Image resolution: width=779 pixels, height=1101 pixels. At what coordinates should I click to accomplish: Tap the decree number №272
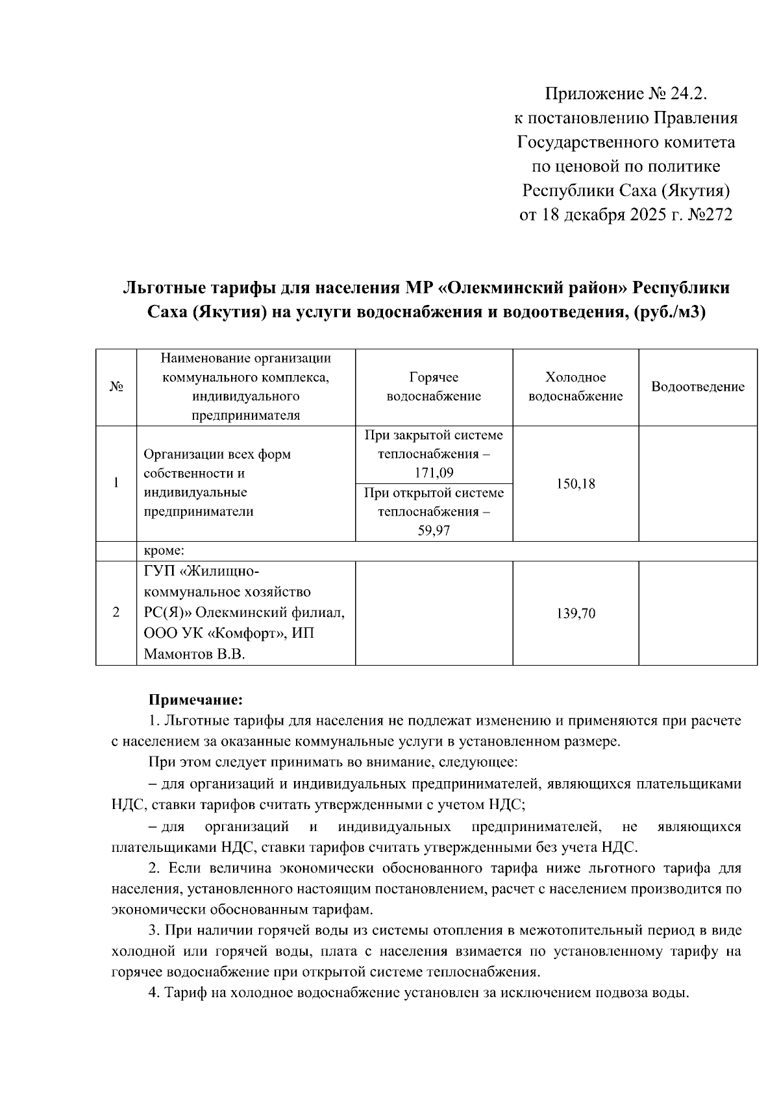pyautogui.click(x=710, y=215)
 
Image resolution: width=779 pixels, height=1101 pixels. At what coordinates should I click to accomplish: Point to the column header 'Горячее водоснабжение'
pyautogui.click(x=434, y=387)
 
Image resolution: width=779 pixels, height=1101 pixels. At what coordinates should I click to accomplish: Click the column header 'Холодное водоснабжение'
pyautogui.click(x=575, y=387)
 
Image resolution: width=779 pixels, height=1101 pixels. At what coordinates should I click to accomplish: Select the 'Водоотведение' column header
pyautogui.click(x=698, y=387)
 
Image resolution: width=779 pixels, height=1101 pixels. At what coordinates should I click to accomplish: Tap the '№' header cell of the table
pyautogui.click(x=116, y=387)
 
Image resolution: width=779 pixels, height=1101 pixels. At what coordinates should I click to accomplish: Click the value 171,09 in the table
pyautogui.click(x=434, y=472)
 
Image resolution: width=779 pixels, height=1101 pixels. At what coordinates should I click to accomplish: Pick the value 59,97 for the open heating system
pyautogui.click(x=434, y=531)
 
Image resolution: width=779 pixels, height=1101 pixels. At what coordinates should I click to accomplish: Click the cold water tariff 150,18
pyautogui.click(x=575, y=484)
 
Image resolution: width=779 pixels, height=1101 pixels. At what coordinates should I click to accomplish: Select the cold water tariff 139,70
pyautogui.click(x=575, y=613)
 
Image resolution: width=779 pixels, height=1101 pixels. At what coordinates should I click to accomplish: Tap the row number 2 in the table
pyautogui.click(x=116, y=613)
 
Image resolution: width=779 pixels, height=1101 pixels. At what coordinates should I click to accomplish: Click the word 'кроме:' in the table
pyautogui.click(x=164, y=551)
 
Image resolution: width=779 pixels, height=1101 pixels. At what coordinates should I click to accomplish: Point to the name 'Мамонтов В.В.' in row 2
pyautogui.click(x=194, y=654)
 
